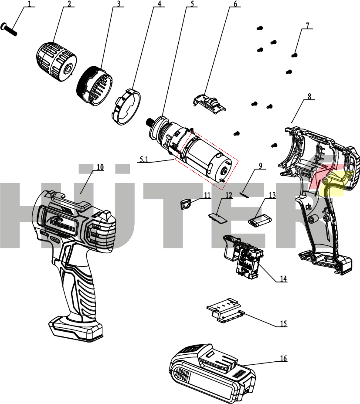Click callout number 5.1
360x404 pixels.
[x=144, y=159]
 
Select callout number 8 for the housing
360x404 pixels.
[x=309, y=96]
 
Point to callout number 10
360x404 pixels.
[x=100, y=167]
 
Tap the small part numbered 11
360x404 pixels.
[x=186, y=203]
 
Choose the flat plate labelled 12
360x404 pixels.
[x=218, y=217]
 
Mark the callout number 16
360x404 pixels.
[x=283, y=359]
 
